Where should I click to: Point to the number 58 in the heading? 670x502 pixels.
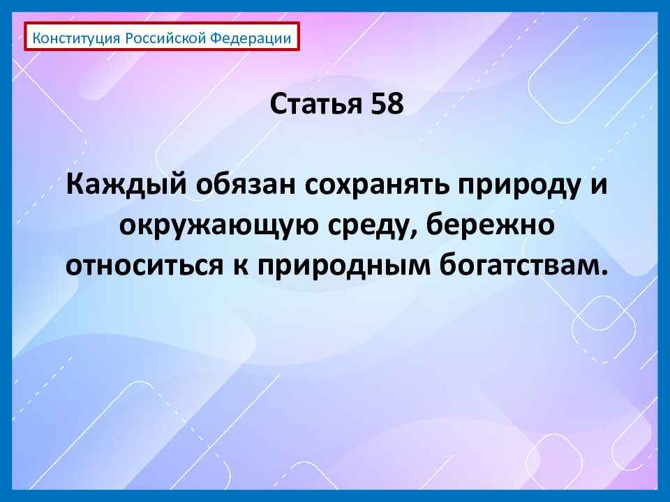coord(387,105)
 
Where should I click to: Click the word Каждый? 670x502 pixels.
coord(126,186)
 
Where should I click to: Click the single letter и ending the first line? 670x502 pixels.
coord(593,186)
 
